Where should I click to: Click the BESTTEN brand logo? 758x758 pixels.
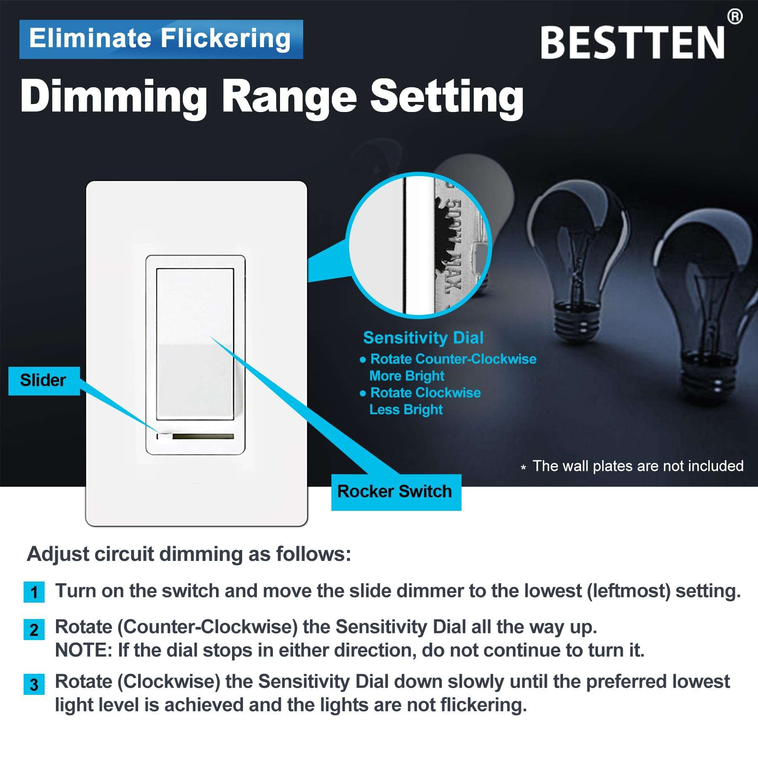[632, 42]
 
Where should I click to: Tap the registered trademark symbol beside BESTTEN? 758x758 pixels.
[735, 17]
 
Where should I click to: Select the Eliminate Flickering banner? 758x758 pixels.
[161, 39]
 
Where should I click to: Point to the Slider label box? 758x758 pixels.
[44, 381]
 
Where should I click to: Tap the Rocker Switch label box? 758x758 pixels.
[396, 492]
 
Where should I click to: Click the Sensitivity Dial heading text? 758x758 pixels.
[423, 338]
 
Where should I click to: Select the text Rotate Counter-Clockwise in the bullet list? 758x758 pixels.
[453, 359]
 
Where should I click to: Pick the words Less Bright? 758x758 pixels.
[406, 409]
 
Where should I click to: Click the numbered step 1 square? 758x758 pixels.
[34, 592]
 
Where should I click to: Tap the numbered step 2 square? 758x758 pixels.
[34, 630]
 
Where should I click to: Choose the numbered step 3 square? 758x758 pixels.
[34, 684]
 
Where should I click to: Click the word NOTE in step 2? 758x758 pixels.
[83, 651]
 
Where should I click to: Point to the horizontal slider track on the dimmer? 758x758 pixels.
[203, 436]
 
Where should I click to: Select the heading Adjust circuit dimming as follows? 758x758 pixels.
[189, 554]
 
